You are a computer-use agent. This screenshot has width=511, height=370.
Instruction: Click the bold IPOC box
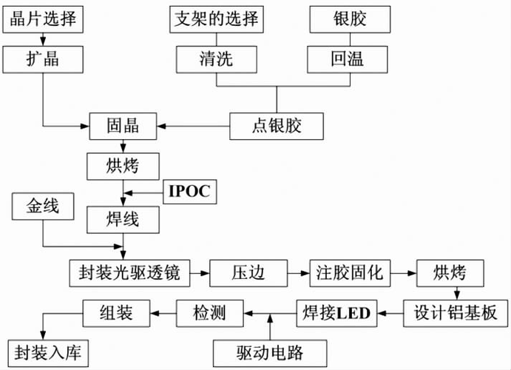189,192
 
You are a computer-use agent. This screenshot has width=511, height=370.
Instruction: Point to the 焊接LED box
336,312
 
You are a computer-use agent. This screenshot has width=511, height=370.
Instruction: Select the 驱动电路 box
270,351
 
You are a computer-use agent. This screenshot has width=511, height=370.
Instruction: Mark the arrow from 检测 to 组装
163,312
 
